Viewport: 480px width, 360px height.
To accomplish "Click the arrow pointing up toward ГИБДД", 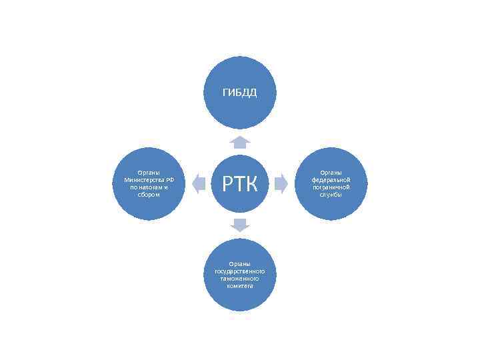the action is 239,141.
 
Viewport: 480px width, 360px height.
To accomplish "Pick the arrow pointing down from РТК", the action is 239,225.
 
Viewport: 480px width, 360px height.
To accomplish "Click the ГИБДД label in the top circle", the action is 239,92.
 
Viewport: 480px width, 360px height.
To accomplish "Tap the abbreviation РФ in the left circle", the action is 170,180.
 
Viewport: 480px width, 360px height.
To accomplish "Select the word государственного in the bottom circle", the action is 239,271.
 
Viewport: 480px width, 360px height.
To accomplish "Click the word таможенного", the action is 239,279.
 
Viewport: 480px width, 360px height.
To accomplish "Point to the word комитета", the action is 239,286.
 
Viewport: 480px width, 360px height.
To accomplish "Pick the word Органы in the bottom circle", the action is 239,264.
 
